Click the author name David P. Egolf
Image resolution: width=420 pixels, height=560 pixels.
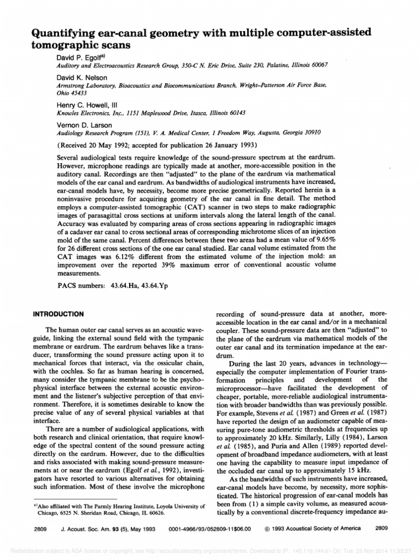click(80, 56)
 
